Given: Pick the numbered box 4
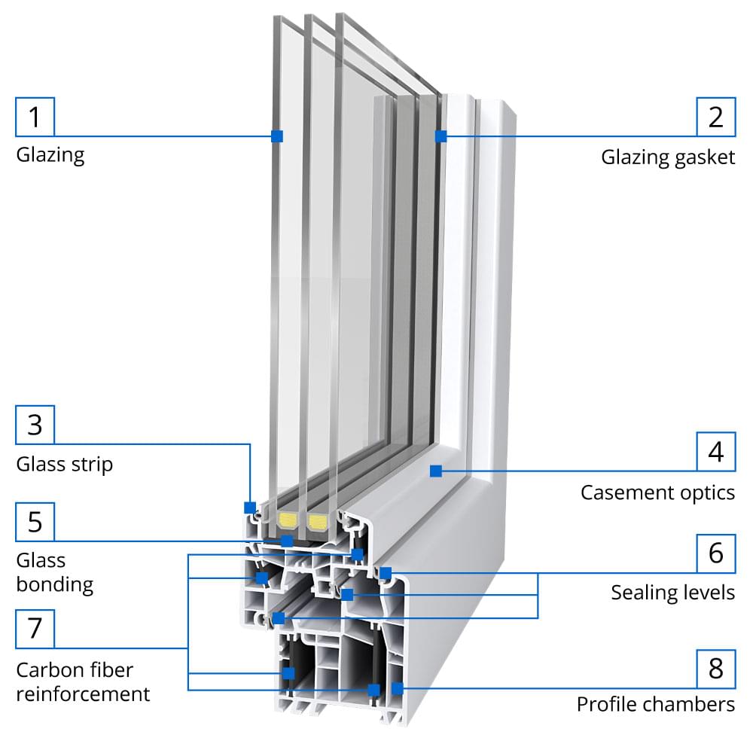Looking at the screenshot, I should tap(716, 452).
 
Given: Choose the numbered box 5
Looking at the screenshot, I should tap(35, 521).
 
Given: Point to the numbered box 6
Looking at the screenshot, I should tap(716, 552).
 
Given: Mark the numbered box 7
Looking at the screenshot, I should tap(35, 628).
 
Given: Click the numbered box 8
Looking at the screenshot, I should tap(716, 667).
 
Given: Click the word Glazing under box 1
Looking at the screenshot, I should tap(50, 155).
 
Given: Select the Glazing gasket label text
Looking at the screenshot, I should tap(667, 157).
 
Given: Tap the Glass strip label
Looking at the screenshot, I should tap(64, 464).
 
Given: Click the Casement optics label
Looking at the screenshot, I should tap(657, 492).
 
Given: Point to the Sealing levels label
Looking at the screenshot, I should tap(672, 593).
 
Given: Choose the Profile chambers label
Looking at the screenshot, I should tap(655, 705).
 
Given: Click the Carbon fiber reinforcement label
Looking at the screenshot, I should tap(83, 681).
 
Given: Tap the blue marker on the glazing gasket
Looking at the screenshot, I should tap(441, 136).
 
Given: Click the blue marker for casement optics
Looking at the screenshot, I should tap(435, 471).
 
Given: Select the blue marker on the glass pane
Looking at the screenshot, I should tap(277, 136).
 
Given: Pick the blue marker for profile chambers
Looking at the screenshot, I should tap(398, 687).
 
